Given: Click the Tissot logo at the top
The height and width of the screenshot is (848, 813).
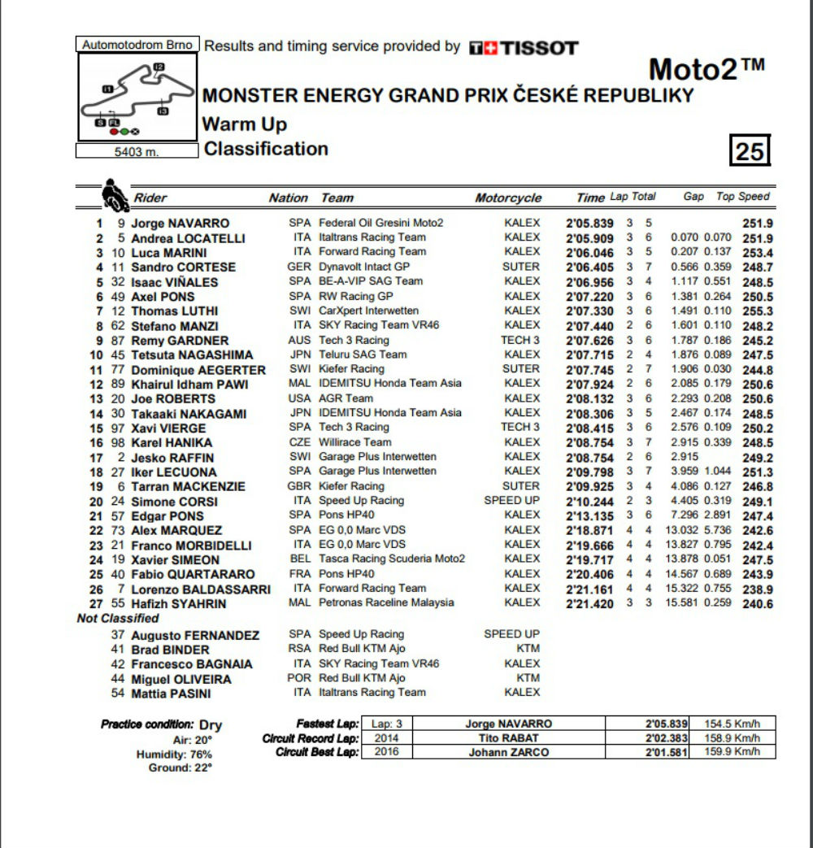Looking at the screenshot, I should click(524, 48).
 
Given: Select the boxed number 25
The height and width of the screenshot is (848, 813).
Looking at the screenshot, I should click(749, 151).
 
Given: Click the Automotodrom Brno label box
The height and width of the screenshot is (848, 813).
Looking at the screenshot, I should click(137, 45).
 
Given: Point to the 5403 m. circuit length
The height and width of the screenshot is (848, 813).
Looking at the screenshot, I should click(137, 151).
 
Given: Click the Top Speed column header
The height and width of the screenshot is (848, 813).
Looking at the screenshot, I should click(742, 197).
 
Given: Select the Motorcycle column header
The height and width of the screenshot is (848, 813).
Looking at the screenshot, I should click(508, 198).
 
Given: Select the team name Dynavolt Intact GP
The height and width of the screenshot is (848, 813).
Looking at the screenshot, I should click(364, 267).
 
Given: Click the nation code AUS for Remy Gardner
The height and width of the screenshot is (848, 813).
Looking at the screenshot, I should click(299, 341).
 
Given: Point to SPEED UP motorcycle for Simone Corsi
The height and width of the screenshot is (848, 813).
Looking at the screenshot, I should click(511, 501).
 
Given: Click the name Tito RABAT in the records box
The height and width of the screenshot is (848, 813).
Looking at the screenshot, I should click(508, 738).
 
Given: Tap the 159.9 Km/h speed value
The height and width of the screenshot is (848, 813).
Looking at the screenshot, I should click(736, 753).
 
